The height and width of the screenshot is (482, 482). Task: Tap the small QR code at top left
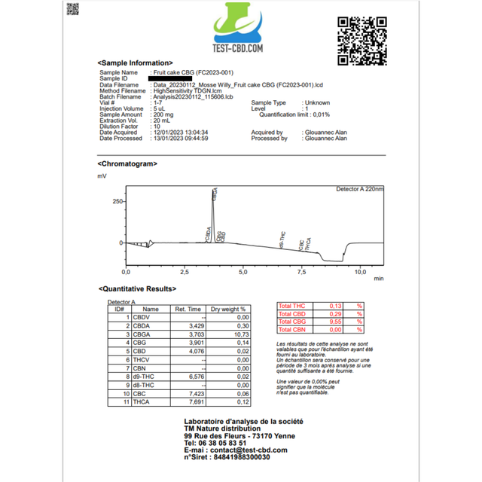(x=72, y=9)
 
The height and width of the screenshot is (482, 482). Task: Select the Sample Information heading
(x=135, y=63)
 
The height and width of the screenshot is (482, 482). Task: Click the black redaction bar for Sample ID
(x=171, y=78)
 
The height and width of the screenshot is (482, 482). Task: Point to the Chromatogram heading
(x=127, y=163)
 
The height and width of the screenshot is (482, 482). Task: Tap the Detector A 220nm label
(x=359, y=189)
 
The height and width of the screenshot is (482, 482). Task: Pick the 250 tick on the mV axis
(x=117, y=202)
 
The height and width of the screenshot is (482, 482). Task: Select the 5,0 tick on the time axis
(x=243, y=271)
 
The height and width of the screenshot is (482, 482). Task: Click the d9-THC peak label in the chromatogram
(x=282, y=239)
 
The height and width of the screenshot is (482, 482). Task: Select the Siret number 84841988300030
(x=243, y=457)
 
